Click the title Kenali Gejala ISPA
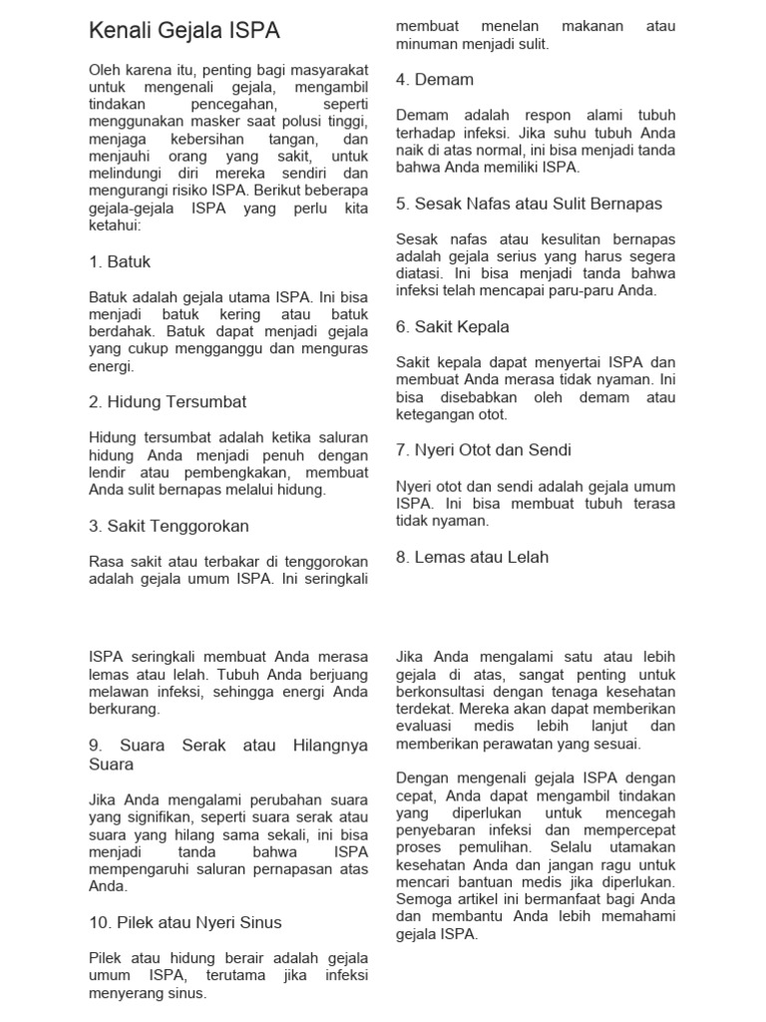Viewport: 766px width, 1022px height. pos(185,32)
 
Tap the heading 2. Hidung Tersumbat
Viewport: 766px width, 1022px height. pos(168,401)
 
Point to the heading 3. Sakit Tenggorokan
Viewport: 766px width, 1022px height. pos(169,525)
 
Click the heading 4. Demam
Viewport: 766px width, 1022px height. pos(434,79)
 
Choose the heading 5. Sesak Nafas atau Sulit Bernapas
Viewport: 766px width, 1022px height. pos(529,203)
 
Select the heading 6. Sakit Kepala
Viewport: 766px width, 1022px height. pos(452,326)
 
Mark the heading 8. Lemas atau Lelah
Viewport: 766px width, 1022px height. pos(472,557)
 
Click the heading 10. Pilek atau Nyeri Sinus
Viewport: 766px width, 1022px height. pos(186,922)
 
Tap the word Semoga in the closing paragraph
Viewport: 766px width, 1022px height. pos(425,899)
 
